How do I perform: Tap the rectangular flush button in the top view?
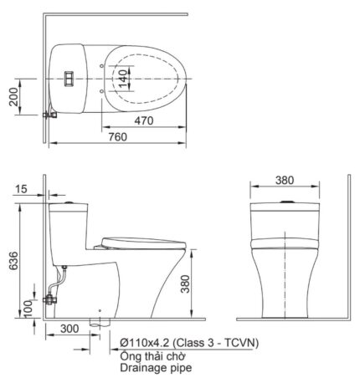click(70, 79)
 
